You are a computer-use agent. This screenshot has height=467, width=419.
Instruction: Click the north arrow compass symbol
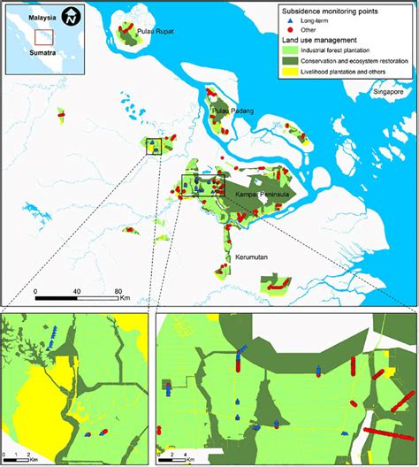coord(74,16)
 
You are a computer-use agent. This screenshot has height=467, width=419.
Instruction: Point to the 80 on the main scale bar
coord(118,291)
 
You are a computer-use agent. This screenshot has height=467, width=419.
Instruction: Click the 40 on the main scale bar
coord(77,291)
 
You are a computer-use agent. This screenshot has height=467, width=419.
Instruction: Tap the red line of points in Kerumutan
coord(278,287)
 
